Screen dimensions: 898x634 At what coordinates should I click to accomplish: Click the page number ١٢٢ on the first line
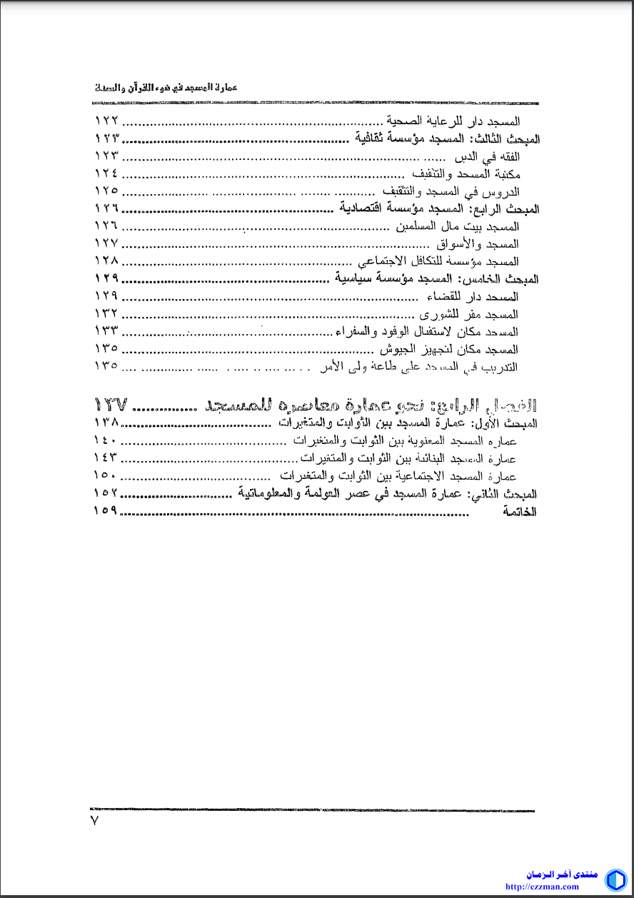[106, 121]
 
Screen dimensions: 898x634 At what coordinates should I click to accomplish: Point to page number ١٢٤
[106, 173]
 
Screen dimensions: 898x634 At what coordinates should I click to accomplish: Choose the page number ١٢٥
[106, 191]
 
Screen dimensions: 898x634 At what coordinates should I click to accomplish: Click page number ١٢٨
[106, 261]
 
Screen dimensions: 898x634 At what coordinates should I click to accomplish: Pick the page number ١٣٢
[106, 314]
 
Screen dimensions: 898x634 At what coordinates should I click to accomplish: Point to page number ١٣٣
[106, 331]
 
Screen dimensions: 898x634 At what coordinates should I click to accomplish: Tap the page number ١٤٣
[106, 457]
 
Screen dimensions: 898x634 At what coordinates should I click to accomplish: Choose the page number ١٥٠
[106, 475]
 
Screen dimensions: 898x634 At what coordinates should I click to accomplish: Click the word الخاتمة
[520, 511]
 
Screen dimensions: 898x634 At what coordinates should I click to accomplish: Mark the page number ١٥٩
[106, 511]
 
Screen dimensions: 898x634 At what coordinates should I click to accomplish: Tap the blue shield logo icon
[615, 879]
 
